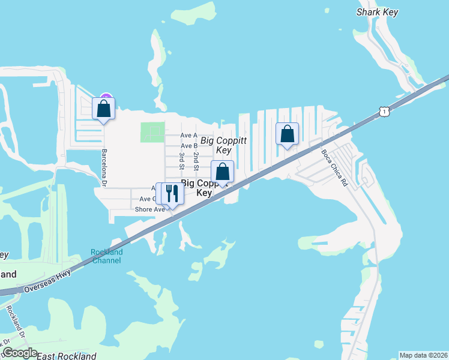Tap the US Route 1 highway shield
point(383,111)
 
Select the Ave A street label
point(188,136)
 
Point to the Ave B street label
point(188,146)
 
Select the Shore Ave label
point(149,209)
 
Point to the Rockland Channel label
point(106,256)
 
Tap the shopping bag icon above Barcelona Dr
point(103,109)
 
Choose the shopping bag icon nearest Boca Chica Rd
point(287,133)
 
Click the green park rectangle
point(152,132)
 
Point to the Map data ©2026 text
point(423,355)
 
